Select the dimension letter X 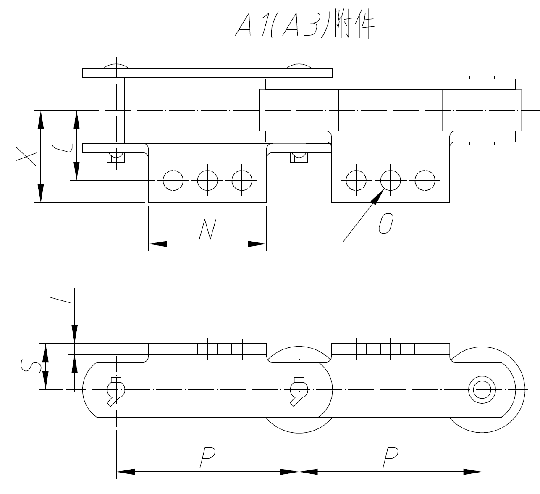click(x=26, y=156)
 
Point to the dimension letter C click(x=62, y=145)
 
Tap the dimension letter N click(x=207, y=230)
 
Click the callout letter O click(x=385, y=223)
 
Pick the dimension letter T click(x=59, y=297)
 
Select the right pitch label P click(x=390, y=457)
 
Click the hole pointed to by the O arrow click(x=391, y=181)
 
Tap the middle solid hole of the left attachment click(x=207, y=181)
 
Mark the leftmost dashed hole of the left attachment click(x=173, y=181)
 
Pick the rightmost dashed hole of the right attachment click(x=425, y=181)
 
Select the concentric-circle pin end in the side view click(x=482, y=390)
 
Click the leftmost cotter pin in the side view click(x=115, y=390)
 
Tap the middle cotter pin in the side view click(x=299, y=390)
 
